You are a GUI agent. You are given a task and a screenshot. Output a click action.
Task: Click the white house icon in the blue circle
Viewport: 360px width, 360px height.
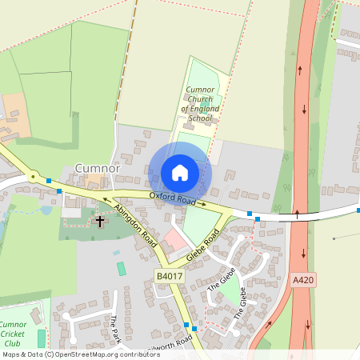[x=180, y=173]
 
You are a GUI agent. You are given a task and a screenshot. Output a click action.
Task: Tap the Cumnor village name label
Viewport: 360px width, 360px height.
[x=97, y=169]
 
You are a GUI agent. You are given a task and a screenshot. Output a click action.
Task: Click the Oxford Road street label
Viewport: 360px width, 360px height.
[x=172, y=198]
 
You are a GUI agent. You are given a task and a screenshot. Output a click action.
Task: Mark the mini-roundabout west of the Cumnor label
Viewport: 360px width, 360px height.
[x=33, y=176]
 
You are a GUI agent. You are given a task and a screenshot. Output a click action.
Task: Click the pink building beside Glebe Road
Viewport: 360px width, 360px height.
[x=174, y=240]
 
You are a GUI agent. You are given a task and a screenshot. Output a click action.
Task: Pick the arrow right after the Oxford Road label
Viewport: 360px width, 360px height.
[x=202, y=204]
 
